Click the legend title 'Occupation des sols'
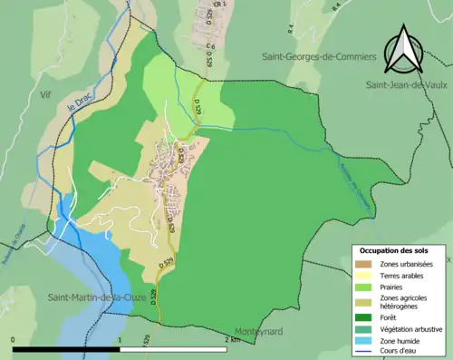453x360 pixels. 394,249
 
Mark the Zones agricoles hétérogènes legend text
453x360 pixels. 405,302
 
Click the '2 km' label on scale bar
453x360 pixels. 233,339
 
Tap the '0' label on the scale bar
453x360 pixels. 14,339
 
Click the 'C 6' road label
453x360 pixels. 209,44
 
